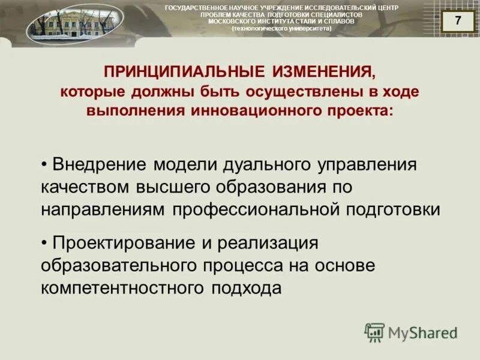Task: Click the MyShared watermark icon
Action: click(374, 332)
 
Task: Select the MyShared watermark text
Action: click(422, 332)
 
